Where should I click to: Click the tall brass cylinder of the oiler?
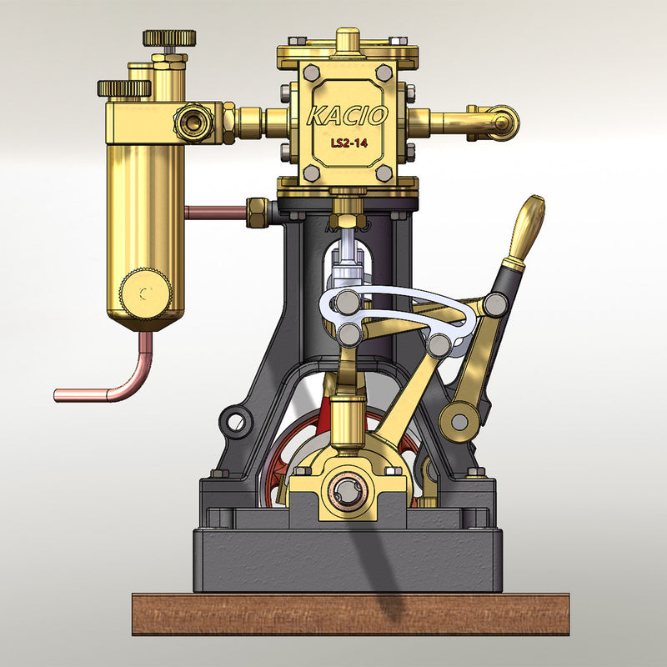pos(139,208)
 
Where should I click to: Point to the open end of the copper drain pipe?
pos(58,394)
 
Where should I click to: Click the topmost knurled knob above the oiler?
pos(169,38)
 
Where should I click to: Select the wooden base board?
pos(333,614)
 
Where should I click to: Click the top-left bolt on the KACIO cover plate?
pos(311,73)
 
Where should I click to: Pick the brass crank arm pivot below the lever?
pos(456,420)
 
